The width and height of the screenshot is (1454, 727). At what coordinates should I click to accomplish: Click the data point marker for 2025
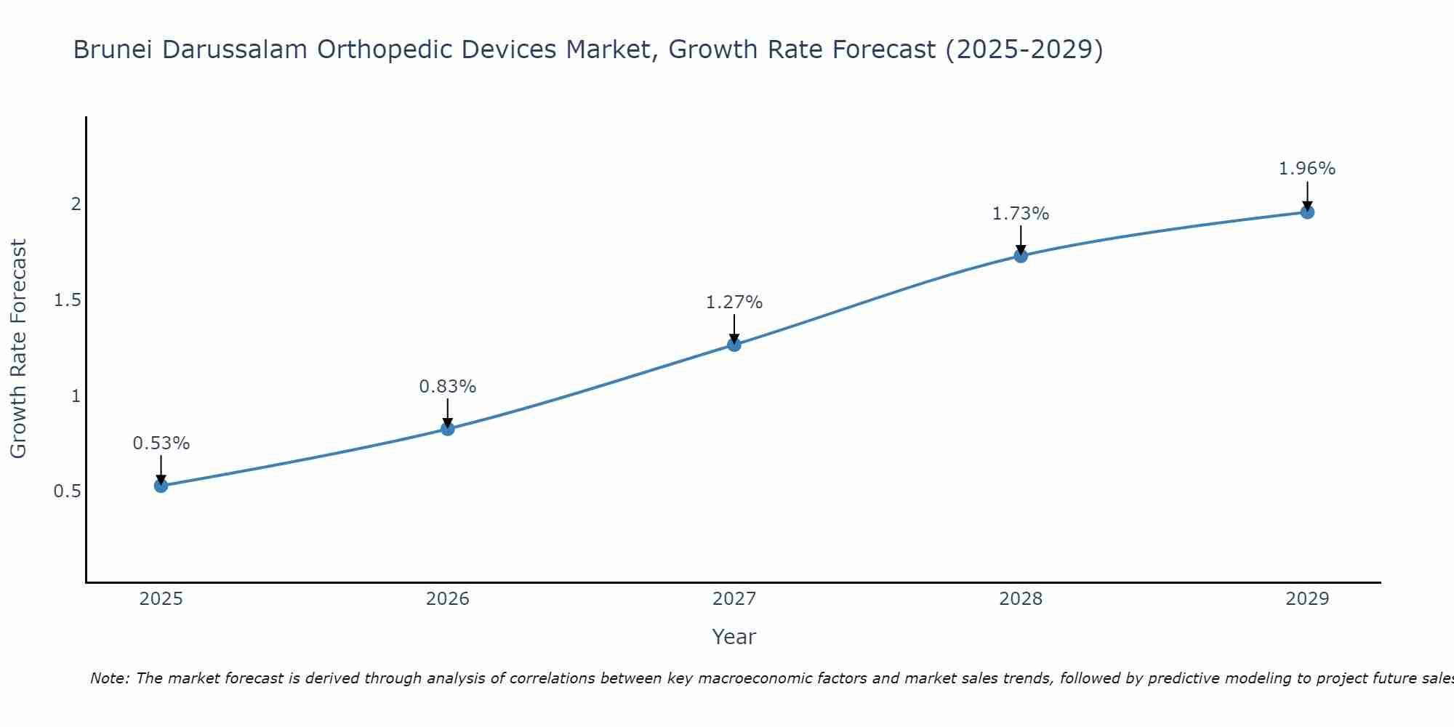(x=161, y=486)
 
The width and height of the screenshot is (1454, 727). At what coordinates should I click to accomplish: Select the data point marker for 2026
(x=448, y=429)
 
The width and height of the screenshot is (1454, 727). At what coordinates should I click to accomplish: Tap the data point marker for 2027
(x=734, y=345)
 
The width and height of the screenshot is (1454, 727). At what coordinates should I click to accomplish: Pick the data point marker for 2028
(x=1021, y=256)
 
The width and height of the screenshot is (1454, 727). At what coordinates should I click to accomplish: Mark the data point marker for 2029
(x=1307, y=212)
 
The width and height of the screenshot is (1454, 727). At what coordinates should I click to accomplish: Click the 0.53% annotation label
(x=161, y=443)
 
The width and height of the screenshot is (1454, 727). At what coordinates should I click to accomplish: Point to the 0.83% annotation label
(x=448, y=387)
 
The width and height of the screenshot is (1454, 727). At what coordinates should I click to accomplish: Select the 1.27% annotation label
(x=734, y=302)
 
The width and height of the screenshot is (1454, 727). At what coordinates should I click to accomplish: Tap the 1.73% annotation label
(x=1021, y=214)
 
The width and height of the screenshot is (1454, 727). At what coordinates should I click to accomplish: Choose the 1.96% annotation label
(x=1307, y=169)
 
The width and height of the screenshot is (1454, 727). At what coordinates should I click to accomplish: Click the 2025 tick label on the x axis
(x=161, y=599)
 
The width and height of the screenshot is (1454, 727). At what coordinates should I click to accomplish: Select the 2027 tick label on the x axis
(x=734, y=599)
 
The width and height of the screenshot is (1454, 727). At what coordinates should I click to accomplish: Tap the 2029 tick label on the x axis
(x=1307, y=599)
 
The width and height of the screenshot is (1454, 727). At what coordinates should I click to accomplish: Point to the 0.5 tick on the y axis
(x=67, y=491)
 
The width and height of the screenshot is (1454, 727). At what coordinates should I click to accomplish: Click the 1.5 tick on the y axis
(x=67, y=300)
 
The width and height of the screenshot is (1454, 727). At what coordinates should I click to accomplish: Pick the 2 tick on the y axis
(x=76, y=204)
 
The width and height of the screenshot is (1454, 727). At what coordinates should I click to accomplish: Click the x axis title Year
(x=734, y=637)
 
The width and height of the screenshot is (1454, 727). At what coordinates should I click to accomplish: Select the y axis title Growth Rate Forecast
(x=18, y=349)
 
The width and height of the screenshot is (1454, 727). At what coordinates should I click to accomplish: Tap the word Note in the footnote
(x=109, y=678)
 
